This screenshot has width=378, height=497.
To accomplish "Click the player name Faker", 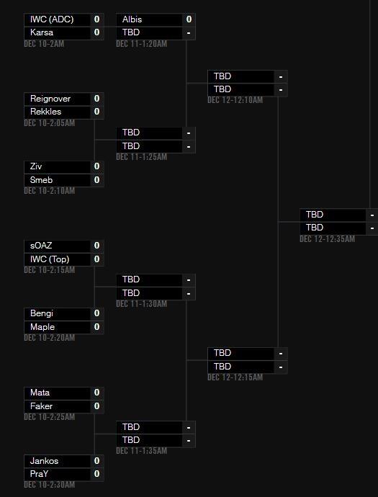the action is pos(41,406).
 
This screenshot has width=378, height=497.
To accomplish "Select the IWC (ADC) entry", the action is pos(52,19).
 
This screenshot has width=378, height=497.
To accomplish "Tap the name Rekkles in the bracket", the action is pos(45,112).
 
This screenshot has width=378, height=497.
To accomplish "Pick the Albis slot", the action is pos(132,19).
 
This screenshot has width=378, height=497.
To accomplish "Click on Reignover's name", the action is pos(50,99).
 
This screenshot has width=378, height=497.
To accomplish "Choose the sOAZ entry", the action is pos(41,246).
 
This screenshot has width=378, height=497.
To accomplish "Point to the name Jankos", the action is pos(44,460).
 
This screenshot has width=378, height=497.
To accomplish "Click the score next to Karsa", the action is pos(97,32).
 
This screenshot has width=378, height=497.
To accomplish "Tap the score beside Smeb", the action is pos(97,180).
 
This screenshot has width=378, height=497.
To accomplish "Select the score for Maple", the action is pos(97,327).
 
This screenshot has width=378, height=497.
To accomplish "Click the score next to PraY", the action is pos(97,474).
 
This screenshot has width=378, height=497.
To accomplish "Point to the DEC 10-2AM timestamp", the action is pos(44,44).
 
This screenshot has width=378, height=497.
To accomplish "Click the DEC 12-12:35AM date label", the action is pos(327,238).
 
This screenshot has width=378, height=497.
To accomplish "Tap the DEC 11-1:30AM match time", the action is pos(141,304).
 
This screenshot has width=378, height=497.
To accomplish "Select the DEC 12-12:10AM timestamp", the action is pos(235,100).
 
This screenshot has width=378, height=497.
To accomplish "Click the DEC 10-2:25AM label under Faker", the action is pos(50,417).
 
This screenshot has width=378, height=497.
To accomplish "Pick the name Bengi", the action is pos(42,313).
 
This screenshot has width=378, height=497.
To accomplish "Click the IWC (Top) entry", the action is pos(50,259).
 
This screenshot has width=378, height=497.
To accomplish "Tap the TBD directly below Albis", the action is pos(131,32).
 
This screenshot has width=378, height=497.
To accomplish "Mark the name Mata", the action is pos(40,393).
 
